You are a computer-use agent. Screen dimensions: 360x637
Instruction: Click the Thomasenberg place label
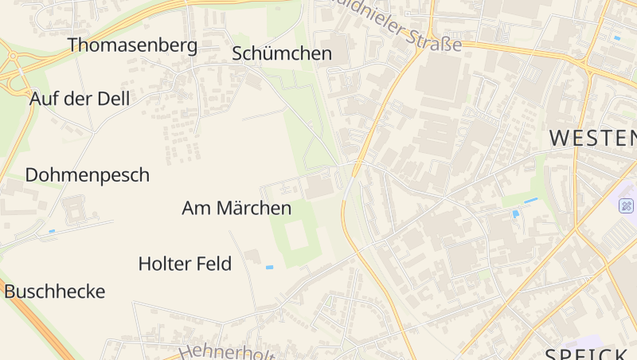[132, 45]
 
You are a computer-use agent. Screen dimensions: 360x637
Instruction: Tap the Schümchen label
[281, 53]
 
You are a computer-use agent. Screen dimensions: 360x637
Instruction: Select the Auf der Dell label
[79, 99]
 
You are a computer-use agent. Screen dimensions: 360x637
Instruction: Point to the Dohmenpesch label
[87, 175]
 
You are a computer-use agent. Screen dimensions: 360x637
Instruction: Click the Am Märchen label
[236, 209]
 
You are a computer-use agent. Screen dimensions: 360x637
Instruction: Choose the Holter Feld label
[185, 264]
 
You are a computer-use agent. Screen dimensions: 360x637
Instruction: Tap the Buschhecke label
[54, 292]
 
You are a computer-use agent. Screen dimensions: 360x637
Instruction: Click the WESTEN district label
[592, 138]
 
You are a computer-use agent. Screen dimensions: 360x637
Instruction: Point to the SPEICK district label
[585, 354]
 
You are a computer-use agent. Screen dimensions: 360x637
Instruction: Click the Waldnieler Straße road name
[398, 24]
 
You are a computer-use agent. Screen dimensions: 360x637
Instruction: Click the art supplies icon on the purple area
[626, 205]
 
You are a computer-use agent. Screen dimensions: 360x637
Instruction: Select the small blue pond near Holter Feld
[269, 267]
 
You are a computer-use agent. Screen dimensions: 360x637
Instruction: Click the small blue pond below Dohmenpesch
[52, 231]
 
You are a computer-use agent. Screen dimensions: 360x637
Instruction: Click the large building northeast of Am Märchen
[320, 187]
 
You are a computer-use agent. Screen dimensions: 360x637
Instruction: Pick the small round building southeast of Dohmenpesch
[76, 209]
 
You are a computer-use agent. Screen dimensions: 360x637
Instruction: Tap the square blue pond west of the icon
[516, 213]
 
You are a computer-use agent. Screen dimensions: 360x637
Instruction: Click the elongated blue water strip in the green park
[530, 199]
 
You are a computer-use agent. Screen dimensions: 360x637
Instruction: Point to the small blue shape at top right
[617, 37]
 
